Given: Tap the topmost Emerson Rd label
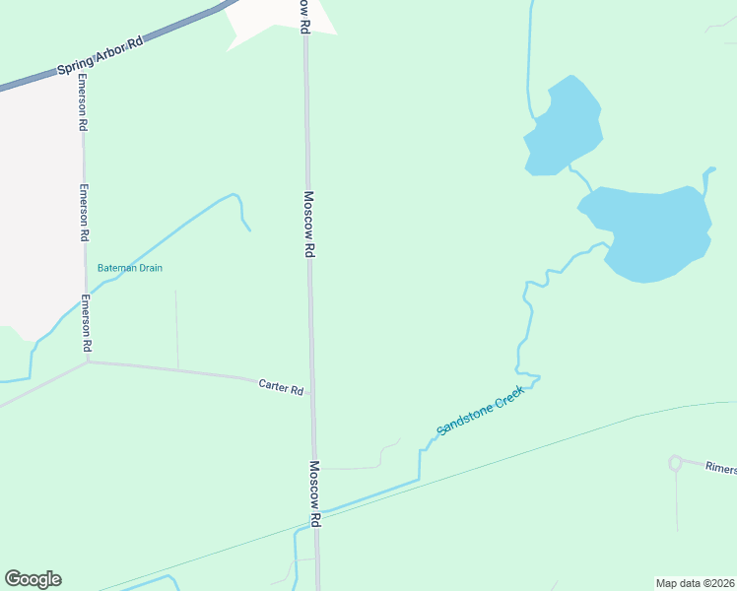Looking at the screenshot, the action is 84,101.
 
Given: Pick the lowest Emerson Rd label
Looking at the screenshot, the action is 87,324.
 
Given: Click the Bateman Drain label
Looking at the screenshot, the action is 129,268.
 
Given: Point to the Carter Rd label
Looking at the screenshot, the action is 281,388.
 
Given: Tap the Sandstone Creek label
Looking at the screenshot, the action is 482,410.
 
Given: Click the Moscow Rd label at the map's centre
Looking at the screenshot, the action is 309,225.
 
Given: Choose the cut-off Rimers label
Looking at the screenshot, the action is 720,470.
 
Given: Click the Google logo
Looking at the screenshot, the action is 33,579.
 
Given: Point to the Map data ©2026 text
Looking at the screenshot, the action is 695,583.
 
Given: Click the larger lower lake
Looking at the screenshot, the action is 654,232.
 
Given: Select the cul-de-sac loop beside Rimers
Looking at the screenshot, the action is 675,462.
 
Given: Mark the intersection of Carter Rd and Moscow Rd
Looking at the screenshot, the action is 312,393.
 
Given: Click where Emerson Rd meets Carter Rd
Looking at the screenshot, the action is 88,361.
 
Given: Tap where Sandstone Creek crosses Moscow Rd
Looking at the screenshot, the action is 317,515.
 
